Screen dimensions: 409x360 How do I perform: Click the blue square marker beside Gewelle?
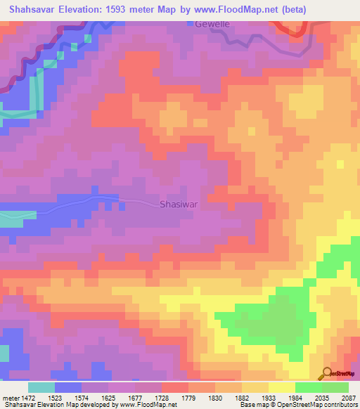coord(189,23)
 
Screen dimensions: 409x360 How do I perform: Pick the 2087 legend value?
coord(349,398)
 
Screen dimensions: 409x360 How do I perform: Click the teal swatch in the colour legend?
coord(41,387)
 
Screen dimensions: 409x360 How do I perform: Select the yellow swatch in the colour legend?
coord(281,387)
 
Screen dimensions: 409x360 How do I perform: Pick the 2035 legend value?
coord(322,398)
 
